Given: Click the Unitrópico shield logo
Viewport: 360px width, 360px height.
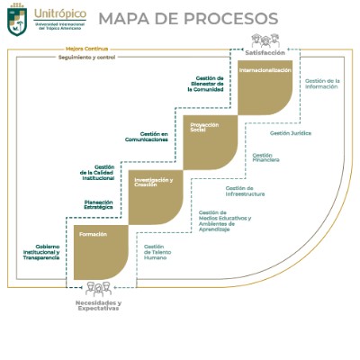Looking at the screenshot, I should [18, 22].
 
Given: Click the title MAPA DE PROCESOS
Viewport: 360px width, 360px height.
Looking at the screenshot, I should [175, 19].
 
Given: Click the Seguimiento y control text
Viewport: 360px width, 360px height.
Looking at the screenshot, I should [50, 58].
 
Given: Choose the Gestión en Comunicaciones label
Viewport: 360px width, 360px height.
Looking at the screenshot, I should [147, 137].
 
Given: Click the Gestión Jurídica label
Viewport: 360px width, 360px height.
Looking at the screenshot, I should [291, 132].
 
